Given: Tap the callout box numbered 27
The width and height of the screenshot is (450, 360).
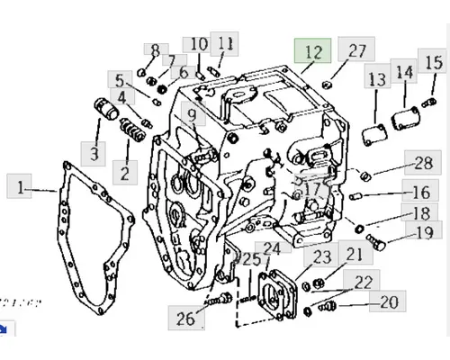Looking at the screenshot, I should click(x=357, y=50).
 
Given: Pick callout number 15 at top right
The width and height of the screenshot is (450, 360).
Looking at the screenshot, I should click(x=433, y=62).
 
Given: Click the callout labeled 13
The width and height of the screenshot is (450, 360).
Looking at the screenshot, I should click(x=376, y=79).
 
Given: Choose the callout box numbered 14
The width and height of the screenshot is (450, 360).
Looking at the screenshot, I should click(x=404, y=73).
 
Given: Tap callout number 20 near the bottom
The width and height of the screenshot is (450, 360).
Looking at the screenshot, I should click(x=388, y=301).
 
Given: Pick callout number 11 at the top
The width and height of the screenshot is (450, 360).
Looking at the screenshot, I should click(x=225, y=42).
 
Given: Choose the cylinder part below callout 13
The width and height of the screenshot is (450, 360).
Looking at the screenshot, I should click(x=373, y=136).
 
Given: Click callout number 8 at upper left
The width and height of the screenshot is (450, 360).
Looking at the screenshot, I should click(x=155, y=49).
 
